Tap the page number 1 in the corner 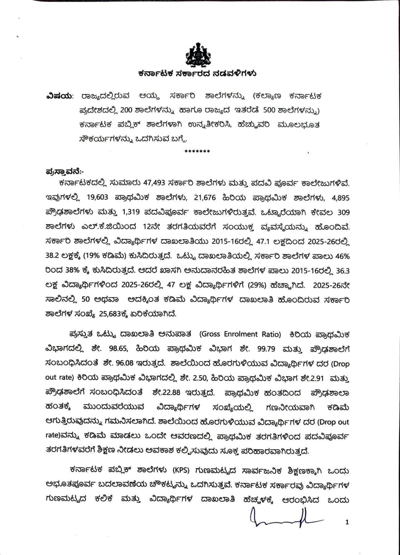point(347,522)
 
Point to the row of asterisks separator point(197,152)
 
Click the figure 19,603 point(98,197)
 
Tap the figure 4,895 point(340,197)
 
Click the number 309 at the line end point(343,212)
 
